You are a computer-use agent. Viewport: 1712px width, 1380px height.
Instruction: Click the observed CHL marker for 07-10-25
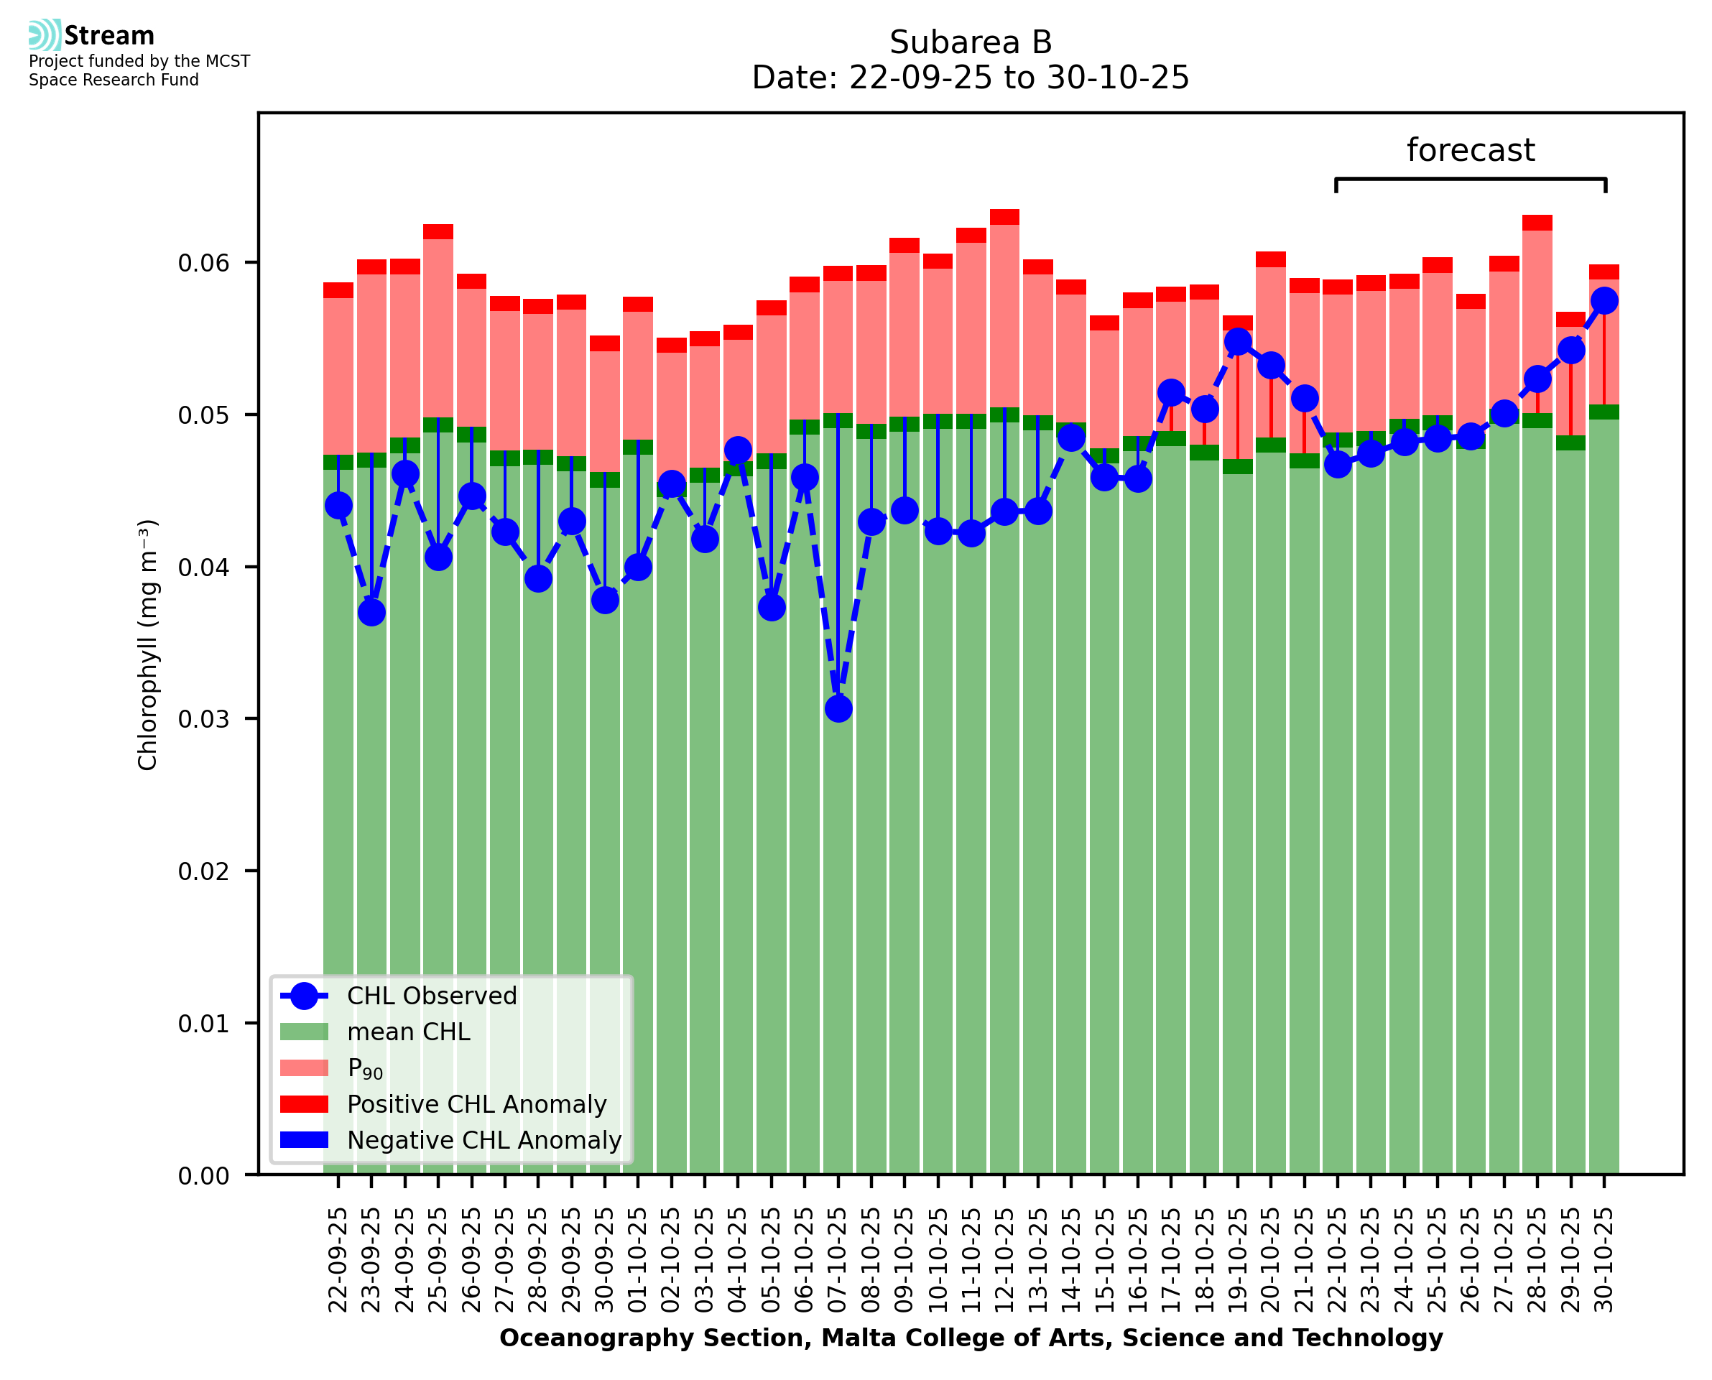[838, 708]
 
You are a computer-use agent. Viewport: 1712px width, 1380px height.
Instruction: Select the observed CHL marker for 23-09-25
[371, 612]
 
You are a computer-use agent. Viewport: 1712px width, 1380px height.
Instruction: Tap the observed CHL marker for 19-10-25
[1238, 342]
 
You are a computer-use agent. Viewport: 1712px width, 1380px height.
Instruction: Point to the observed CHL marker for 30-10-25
[1604, 300]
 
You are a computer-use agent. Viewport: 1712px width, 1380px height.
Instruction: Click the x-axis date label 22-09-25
[338, 1260]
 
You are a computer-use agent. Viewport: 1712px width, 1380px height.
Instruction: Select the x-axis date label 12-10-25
[1004, 1260]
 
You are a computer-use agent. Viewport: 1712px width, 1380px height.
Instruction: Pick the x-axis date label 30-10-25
[1604, 1260]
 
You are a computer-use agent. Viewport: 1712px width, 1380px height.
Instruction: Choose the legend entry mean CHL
[409, 1032]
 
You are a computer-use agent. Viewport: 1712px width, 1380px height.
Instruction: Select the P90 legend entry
[365, 1068]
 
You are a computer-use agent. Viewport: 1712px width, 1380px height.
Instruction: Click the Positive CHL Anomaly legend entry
[476, 1104]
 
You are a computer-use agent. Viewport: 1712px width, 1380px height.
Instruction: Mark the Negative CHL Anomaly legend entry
[483, 1140]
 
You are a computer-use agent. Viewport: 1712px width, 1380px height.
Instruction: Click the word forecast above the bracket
[1471, 150]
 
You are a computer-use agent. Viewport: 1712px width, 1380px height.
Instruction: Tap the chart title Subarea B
[971, 42]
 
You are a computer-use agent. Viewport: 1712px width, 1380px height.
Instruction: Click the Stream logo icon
[45, 35]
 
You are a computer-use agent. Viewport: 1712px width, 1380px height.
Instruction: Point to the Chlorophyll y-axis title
[148, 644]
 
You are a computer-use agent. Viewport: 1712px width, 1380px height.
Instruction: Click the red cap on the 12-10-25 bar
[1004, 217]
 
